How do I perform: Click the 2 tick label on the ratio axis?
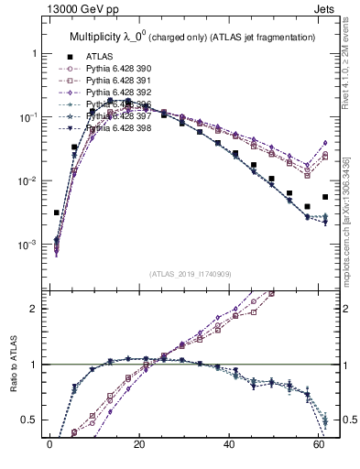pos(34,309)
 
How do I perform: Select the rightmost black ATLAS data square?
pos(325,197)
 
